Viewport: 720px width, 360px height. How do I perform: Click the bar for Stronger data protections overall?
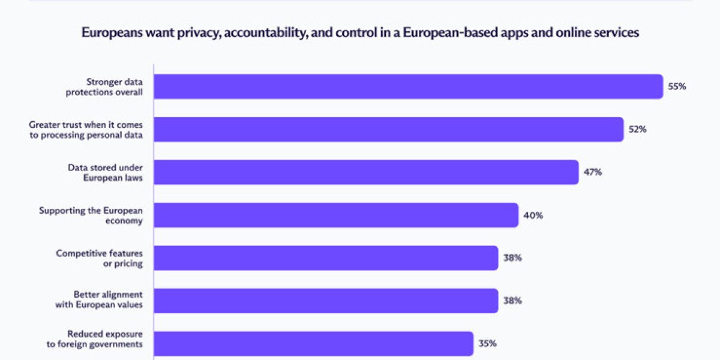(408, 86)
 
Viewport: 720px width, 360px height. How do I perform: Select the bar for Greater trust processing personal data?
(389, 129)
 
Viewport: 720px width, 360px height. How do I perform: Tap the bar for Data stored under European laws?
(366, 172)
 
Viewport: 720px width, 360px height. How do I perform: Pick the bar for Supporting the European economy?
(336, 215)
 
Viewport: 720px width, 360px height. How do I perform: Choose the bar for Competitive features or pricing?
(326, 258)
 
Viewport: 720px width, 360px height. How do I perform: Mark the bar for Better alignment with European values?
(326, 301)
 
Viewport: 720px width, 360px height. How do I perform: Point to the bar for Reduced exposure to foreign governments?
(313, 344)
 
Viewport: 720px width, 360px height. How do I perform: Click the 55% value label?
(677, 86)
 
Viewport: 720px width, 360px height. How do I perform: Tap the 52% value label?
(637, 129)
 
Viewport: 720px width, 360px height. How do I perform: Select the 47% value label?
(593, 172)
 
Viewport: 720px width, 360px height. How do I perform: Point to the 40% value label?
(533, 215)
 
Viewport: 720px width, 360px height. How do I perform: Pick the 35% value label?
(487, 344)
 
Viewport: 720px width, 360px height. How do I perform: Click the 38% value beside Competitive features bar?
(512, 258)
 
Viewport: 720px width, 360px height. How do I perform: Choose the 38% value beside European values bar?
(512, 301)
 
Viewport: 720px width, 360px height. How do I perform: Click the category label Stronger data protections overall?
(114, 86)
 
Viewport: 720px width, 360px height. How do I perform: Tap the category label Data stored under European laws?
(105, 172)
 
